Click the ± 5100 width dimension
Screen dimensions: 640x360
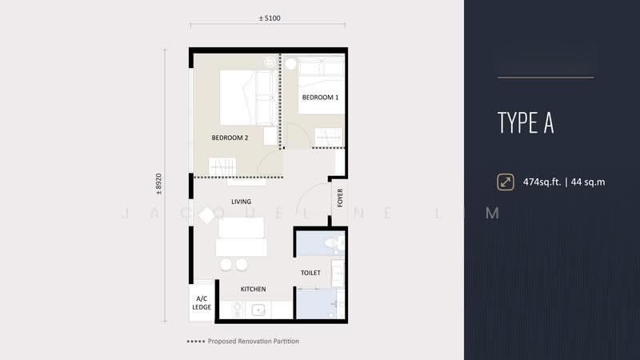[x=270, y=18]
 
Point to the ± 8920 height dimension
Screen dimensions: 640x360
[x=158, y=184]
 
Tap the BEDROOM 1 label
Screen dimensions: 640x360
[x=321, y=98]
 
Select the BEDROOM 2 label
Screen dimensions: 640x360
[x=230, y=138]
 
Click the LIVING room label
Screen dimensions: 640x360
[x=242, y=202]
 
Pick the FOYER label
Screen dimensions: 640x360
[x=340, y=198]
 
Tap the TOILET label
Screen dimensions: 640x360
[x=310, y=273]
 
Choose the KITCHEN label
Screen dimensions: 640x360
[x=253, y=289]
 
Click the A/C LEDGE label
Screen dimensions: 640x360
[x=202, y=303]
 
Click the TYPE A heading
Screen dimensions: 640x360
[x=526, y=122]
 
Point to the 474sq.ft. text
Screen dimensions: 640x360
[x=542, y=182]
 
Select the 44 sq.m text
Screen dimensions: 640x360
[x=588, y=182]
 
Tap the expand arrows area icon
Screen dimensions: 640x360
[x=506, y=182]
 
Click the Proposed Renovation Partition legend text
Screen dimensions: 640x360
[x=254, y=342]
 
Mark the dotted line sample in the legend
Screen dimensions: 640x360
[x=196, y=342]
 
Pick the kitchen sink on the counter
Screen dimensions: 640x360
[x=258, y=310]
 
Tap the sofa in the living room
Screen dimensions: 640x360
[x=242, y=238]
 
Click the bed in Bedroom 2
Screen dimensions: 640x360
[x=248, y=98]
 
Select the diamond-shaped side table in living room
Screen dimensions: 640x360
[x=206, y=215]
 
